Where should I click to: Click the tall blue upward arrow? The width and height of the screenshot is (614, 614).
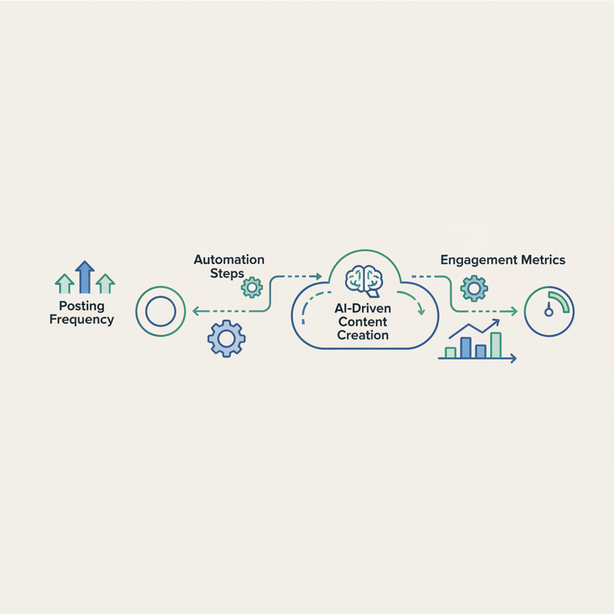pyautogui.click(x=85, y=277)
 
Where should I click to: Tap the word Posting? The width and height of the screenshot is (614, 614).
pyautogui.click(x=82, y=306)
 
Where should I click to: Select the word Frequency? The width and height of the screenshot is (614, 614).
pyautogui.click(x=82, y=320)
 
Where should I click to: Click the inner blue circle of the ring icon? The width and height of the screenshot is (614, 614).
pyautogui.click(x=161, y=311)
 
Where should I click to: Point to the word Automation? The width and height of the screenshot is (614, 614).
pyautogui.click(x=229, y=260)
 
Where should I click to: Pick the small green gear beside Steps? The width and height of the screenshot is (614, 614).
pyautogui.click(x=252, y=287)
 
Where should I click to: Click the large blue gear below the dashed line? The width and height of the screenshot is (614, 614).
pyautogui.click(x=226, y=338)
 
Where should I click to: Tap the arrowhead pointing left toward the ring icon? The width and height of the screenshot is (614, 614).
pyautogui.click(x=196, y=311)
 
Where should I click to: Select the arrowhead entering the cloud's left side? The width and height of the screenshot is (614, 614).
pyautogui.click(x=319, y=276)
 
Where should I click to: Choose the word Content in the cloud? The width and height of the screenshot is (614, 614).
pyautogui.click(x=363, y=322)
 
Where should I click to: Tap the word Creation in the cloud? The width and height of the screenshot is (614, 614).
pyautogui.click(x=363, y=335)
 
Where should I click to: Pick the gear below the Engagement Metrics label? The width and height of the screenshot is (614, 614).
pyautogui.click(x=474, y=288)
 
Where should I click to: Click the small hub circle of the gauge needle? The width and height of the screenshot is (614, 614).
pyautogui.click(x=549, y=312)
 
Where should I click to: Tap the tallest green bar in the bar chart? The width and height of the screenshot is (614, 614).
pyautogui.click(x=496, y=345)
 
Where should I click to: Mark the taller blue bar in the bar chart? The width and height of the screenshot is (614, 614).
pyautogui.click(x=465, y=348)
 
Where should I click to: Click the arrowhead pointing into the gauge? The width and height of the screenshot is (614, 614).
pyautogui.click(x=514, y=311)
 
